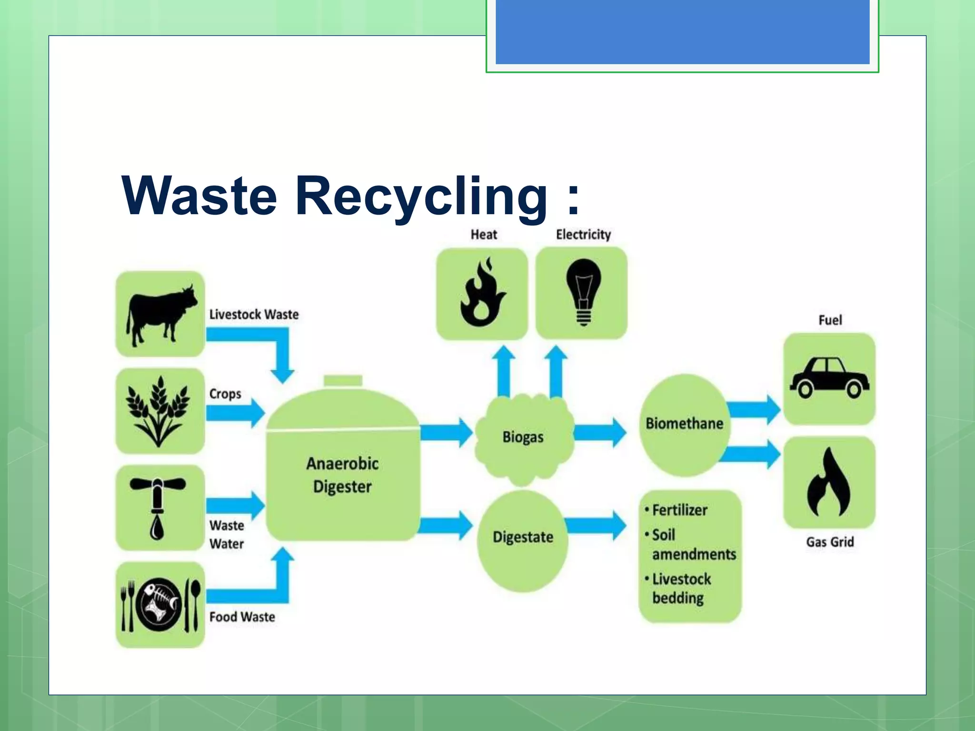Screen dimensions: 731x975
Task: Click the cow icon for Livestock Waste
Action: (160, 314)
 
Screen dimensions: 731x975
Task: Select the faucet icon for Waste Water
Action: (158, 507)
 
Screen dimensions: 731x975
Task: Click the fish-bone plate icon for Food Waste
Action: (159, 604)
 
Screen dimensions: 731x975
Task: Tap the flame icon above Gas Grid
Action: (828, 483)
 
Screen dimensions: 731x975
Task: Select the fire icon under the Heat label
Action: (482, 293)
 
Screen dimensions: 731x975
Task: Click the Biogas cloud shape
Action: (523, 437)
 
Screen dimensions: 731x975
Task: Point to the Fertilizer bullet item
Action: (679, 510)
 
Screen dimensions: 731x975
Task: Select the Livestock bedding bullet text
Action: (681, 589)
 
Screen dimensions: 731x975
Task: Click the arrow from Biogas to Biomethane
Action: (601, 433)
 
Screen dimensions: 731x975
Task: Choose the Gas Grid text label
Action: (829, 542)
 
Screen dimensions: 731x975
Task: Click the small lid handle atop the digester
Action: (343, 381)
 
